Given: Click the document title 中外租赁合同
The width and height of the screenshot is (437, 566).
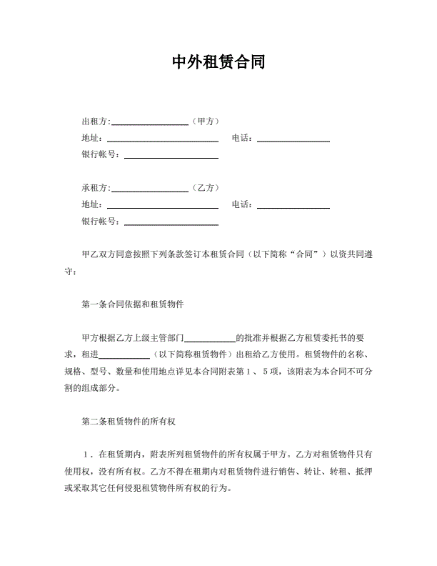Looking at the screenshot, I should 218,62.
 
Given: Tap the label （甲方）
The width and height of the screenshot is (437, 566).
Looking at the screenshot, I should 206,121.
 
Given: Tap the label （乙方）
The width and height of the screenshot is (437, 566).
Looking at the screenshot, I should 206,188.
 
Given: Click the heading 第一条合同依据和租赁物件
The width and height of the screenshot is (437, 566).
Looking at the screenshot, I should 133,304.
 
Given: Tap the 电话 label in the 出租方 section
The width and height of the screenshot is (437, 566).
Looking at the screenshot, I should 241,138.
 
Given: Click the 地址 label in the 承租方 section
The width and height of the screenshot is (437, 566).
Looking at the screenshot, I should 93,205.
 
